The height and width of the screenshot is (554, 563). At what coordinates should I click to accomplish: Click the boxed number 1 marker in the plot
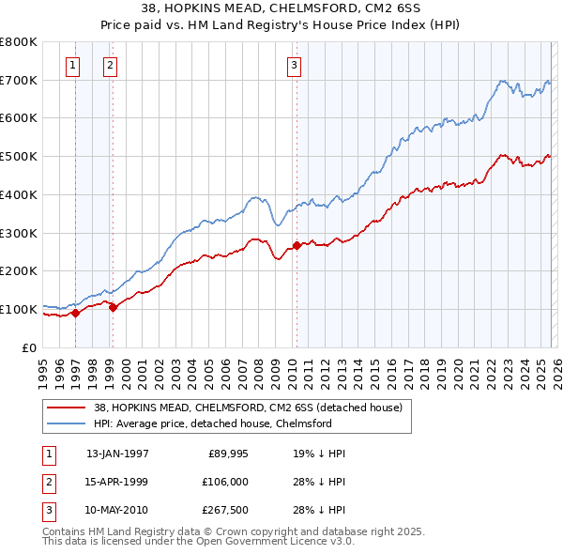[x=73, y=66]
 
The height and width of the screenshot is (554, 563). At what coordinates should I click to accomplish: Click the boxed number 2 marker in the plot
[x=110, y=66]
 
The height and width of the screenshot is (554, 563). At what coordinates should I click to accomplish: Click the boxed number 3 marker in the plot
[x=294, y=66]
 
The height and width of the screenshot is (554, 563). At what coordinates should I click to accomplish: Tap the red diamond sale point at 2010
[x=297, y=246]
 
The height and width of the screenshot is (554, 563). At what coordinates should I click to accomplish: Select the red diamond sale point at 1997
[x=76, y=314]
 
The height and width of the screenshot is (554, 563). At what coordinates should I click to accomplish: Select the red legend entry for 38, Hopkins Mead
[x=248, y=408]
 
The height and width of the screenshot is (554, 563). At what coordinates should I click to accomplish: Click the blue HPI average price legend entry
[x=213, y=423]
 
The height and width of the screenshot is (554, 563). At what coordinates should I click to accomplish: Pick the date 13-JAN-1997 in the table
[x=117, y=454]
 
